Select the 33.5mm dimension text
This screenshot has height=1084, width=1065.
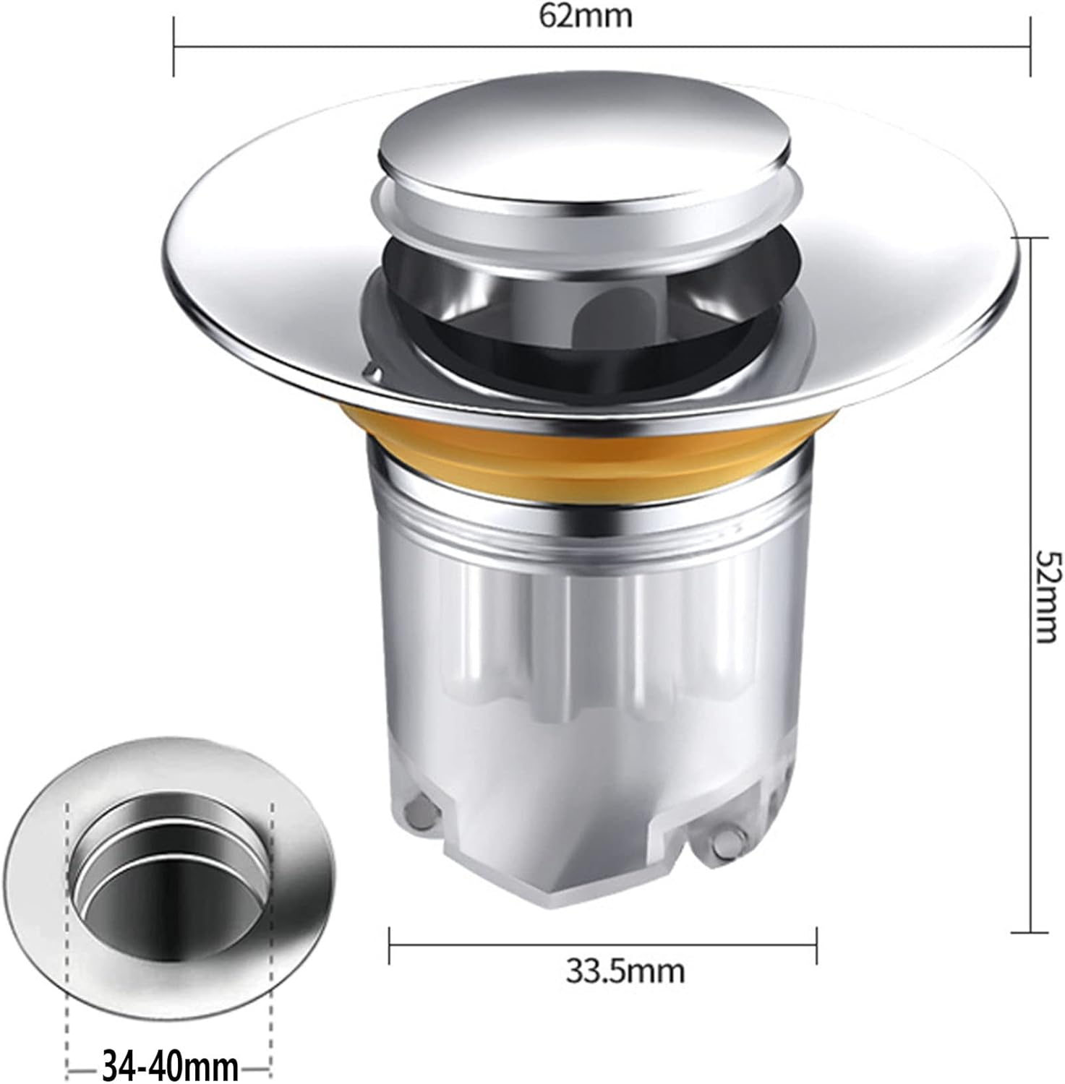[625, 971]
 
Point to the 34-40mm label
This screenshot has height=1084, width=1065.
[171, 1065]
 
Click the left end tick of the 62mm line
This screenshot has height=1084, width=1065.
[174, 47]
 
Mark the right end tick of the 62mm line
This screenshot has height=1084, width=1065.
[1030, 47]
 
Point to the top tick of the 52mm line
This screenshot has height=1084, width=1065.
[1030, 236]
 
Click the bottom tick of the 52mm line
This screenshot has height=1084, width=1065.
[1030, 933]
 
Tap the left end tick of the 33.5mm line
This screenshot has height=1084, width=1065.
[390, 945]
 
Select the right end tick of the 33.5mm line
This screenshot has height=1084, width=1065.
[817, 945]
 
